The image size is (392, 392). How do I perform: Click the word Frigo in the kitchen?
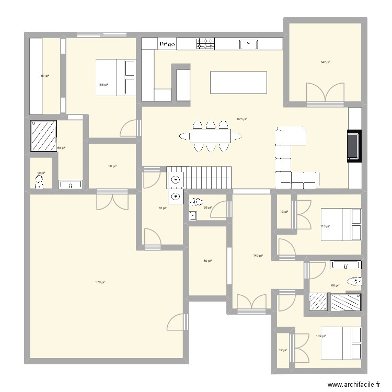(x=167, y=44)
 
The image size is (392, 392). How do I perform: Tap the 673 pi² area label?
(x=241, y=119)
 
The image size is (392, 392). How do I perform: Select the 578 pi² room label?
(x=100, y=282)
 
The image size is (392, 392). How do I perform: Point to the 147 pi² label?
(x=325, y=62)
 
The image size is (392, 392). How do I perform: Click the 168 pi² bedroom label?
(x=103, y=85)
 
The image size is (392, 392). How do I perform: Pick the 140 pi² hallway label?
(x=258, y=256)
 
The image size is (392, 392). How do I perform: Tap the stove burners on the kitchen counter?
(x=205, y=44)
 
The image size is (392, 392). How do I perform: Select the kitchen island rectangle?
(x=238, y=82)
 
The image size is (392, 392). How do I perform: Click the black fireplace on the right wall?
(x=353, y=146)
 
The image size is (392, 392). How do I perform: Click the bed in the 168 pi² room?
(x=116, y=77)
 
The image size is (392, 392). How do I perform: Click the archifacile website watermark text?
(x=354, y=384)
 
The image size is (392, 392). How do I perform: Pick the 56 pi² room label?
(x=112, y=166)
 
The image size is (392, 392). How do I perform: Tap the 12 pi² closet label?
(x=283, y=350)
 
